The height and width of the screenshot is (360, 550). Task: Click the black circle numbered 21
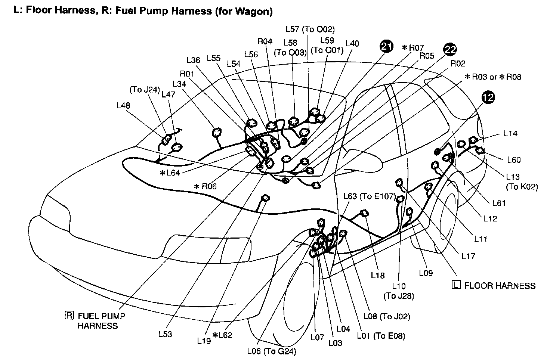tap(387, 46)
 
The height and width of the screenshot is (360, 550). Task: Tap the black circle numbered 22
tap(450, 49)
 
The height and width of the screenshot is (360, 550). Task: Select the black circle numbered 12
tap(488, 97)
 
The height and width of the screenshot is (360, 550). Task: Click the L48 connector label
tap(123, 106)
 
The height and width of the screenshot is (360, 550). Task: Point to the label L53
tap(165, 334)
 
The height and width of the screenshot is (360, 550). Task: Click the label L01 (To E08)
tap(381, 335)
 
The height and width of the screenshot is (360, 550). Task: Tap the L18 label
tap(378, 276)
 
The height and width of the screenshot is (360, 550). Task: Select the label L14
tap(510, 133)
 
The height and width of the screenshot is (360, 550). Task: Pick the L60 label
tap(514, 160)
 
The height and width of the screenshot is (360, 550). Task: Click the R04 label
tap(265, 41)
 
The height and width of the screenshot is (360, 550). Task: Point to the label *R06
tap(205, 186)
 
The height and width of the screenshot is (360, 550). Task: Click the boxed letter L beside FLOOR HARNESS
tap(456, 285)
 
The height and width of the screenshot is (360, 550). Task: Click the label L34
tap(179, 84)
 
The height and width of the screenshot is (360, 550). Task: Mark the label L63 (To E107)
tap(370, 196)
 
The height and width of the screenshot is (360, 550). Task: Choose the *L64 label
tap(170, 173)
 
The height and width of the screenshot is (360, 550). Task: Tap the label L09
tap(426, 273)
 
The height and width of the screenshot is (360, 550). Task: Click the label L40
tap(352, 44)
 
